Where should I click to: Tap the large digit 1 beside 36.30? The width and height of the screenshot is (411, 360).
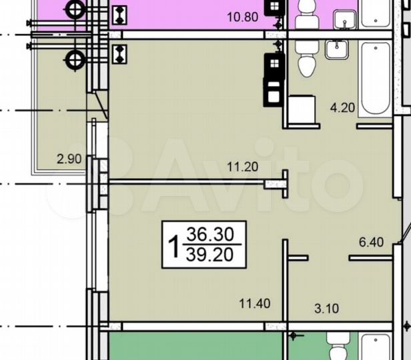tap(173, 245)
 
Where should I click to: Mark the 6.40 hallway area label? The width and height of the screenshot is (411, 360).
tap(372, 243)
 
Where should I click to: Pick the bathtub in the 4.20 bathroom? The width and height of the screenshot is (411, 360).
tap(375, 78)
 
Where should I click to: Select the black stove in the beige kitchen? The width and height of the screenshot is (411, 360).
tap(274, 65)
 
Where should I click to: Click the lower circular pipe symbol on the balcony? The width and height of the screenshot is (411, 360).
tap(73, 60)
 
